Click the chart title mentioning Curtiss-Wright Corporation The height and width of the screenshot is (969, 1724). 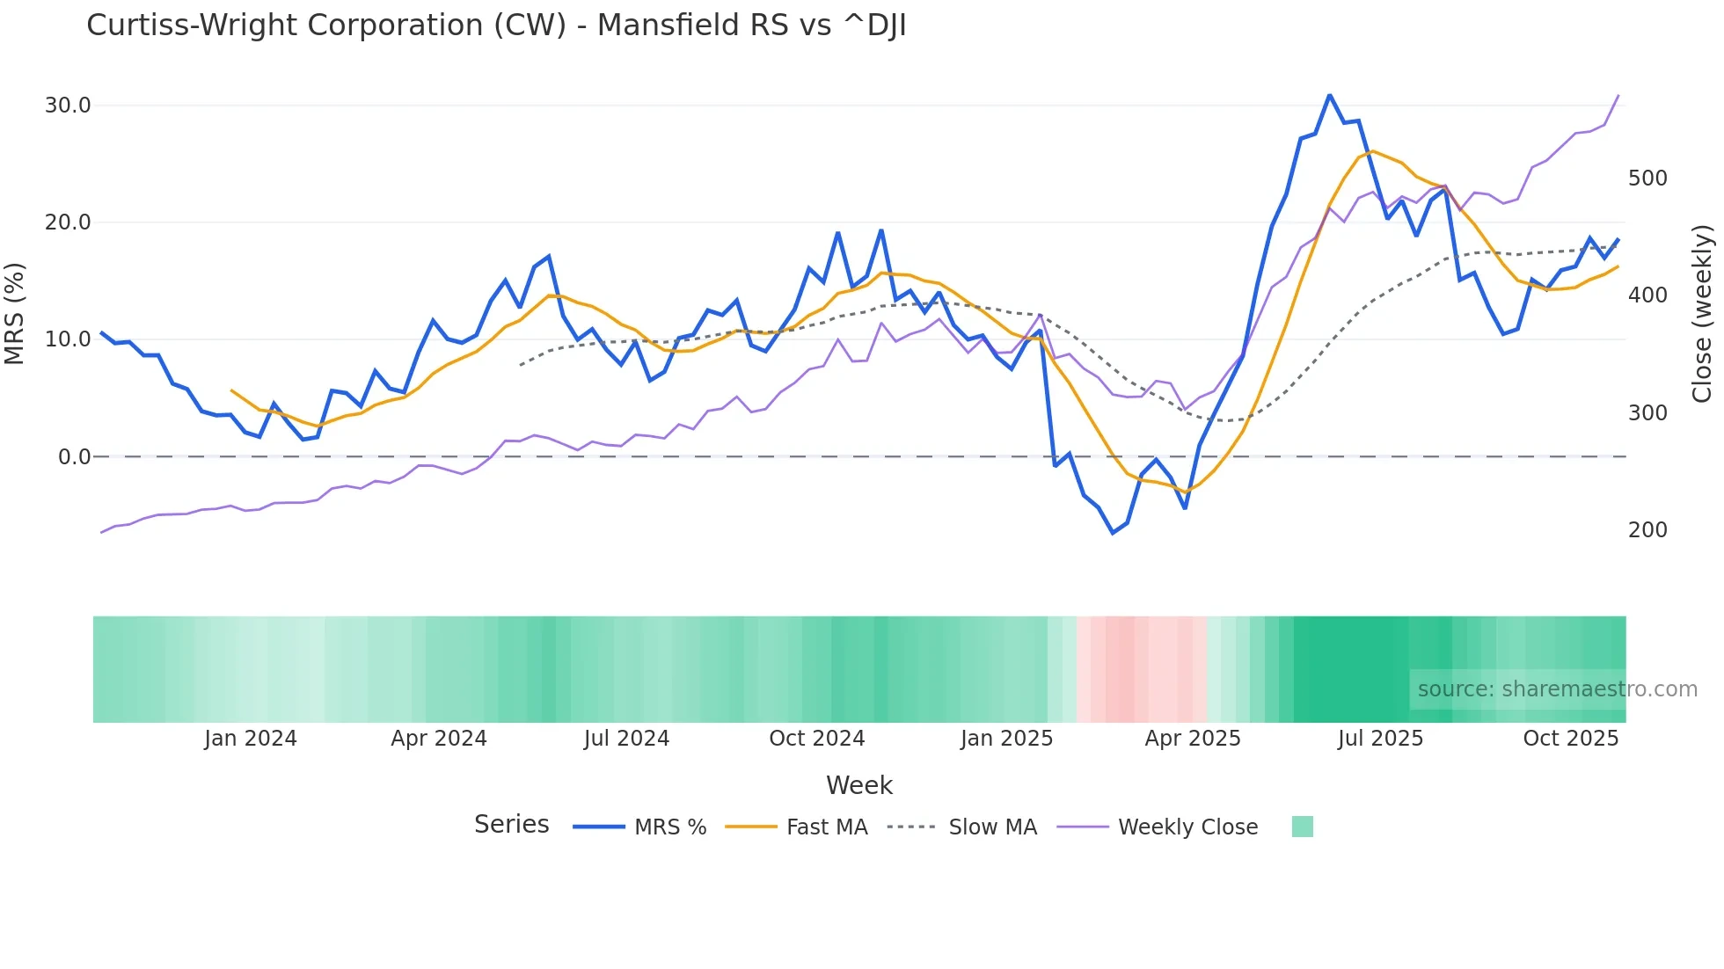coord(496,25)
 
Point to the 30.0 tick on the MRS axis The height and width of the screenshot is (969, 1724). coord(68,106)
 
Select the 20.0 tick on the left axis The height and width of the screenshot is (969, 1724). coord(68,222)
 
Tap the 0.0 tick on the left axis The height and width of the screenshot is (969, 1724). coord(74,457)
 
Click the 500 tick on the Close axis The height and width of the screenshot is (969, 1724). coord(1647,178)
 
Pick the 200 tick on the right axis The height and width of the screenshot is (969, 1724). coord(1647,530)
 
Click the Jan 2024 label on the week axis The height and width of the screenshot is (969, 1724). coord(251,739)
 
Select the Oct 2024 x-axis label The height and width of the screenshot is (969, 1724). coord(816,739)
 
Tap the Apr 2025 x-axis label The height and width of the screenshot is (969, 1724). coord(1192,739)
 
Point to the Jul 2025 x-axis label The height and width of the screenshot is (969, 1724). coord(1380,739)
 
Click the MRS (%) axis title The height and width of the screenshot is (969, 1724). coord(15,314)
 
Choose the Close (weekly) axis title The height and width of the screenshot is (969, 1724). coord(1702,314)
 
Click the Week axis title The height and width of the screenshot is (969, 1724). coord(858,785)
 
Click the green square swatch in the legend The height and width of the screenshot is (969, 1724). coord(1302,827)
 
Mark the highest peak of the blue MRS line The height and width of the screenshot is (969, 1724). coord(1329,95)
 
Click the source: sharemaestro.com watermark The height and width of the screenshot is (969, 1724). coord(1557,689)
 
